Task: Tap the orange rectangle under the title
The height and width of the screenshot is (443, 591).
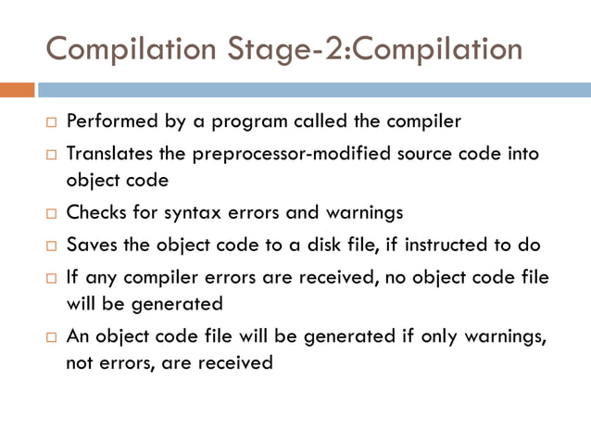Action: [x=17, y=90]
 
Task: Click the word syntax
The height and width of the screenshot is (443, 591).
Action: [x=190, y=212]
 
